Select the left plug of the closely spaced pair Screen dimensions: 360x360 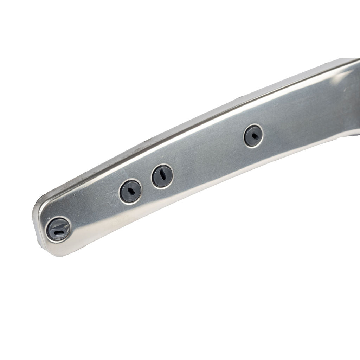130,191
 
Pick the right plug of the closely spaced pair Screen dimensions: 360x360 162,176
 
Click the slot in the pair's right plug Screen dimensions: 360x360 162,175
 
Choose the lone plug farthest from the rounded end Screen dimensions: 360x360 253,136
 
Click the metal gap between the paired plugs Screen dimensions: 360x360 146,184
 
